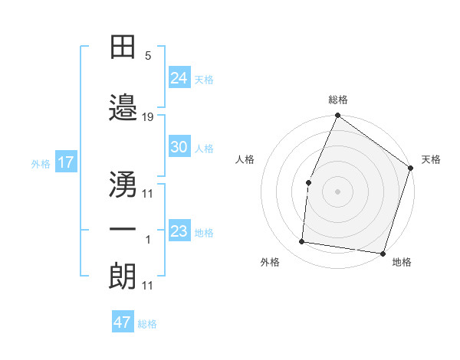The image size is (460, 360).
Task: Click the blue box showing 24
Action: (179, 77)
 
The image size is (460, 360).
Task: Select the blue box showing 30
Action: (179, 147)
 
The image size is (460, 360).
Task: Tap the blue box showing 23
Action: (179, 231)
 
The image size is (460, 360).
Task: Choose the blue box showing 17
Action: (66, 162)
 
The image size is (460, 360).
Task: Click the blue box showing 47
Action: (123, 322)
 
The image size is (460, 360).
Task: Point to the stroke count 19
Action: (148, 117)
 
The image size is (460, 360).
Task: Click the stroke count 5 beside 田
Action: (148, 57)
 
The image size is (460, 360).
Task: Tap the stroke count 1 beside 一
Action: (148, 240)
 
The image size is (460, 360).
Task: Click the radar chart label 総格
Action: (337, 100)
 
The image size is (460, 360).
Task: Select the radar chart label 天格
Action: (431, 159)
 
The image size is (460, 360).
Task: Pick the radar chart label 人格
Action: (245, 159)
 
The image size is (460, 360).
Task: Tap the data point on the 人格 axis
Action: (308, 182)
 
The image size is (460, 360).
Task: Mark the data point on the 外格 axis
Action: (302, 242)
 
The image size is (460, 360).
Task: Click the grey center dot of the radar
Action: (337, 191)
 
